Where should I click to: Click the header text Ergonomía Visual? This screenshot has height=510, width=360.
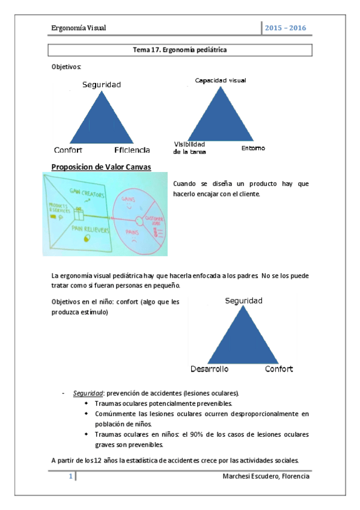pos(78,28)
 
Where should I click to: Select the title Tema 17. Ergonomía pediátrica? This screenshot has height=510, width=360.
pos(180,50)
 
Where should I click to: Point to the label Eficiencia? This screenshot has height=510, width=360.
pos(132,150)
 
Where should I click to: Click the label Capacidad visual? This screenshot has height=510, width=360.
pos(220,80)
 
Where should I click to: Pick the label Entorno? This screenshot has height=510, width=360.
pos(253,148)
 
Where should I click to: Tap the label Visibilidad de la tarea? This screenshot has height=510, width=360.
pos(190,148)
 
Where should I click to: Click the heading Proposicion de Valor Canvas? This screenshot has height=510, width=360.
pos(102,167)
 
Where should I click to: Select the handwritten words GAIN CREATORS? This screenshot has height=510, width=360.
pos(87,195)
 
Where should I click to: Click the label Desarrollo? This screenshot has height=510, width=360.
pos(210,369)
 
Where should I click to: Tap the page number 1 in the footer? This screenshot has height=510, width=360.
pos(70,477)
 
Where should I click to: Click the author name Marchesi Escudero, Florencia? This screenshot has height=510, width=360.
pos(266,477)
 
